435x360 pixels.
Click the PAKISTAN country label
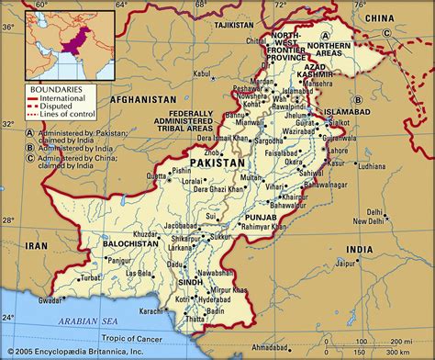pos(218,163)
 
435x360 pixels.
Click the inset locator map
pos(58,42)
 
